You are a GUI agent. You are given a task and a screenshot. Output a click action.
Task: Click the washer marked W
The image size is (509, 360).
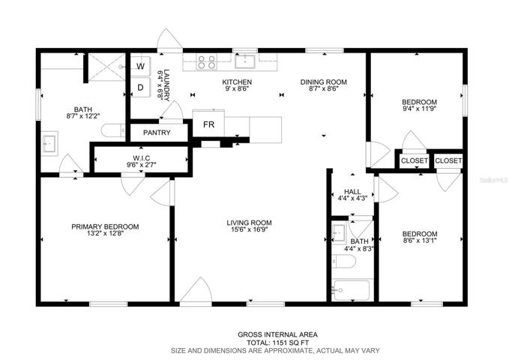tap(141, 66)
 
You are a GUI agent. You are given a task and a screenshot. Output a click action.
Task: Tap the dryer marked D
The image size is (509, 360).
tap(141, 87)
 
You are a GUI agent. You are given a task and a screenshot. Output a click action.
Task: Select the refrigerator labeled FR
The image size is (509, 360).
tap(208, 124)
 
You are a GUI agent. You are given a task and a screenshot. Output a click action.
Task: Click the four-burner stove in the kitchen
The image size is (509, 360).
tap(207, 62)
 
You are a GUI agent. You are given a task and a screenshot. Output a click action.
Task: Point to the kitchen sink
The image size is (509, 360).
tap(245, 61)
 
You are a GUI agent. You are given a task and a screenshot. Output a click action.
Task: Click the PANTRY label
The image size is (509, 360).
tap(157, 133)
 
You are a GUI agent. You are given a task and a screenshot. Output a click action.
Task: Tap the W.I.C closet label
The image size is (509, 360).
tap(141, 158)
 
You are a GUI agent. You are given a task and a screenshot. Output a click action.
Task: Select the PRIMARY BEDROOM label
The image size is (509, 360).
tap(105, 226)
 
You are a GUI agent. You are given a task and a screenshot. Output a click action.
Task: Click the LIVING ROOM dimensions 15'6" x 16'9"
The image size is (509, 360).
tap(249, 229)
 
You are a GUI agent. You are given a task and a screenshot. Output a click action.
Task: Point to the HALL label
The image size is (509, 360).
tap(352, 192)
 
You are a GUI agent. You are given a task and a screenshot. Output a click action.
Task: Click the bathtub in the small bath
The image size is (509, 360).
tap(352, 290)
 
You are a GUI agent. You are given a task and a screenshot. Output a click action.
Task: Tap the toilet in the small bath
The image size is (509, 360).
tap(344, 261)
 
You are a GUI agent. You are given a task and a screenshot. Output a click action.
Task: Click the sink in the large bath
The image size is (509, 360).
tap(49, 143)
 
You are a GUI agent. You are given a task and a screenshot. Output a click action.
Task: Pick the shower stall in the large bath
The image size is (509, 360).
tap(106, 67)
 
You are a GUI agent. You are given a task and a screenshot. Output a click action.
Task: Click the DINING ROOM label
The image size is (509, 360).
tap(323, 82)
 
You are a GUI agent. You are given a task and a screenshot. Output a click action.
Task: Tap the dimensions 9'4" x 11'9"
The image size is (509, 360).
tap(419, 109)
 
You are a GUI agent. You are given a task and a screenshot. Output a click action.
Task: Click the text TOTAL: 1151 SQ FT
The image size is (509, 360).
tap(277, 343)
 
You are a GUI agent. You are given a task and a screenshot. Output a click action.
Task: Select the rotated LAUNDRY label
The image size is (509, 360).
tap(166, 85)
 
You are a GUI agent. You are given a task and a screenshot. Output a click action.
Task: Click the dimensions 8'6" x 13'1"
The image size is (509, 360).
tap(419, 241)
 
